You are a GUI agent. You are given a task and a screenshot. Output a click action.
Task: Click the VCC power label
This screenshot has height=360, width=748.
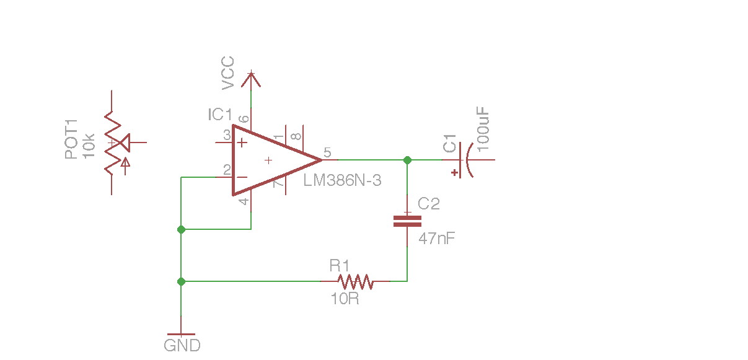click(x=227, y=72)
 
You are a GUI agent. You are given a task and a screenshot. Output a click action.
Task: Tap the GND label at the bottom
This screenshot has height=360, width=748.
click(x=182, y=345)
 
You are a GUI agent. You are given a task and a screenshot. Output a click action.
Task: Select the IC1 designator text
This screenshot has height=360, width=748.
click(x=220, y=115)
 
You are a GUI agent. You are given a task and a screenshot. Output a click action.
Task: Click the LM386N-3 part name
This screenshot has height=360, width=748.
click(x=342, y=181)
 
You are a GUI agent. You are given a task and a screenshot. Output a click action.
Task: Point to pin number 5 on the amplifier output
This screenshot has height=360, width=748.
click(x=327, y=152)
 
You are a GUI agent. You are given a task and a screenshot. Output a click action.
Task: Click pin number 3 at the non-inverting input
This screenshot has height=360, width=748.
click(x=227, y=134)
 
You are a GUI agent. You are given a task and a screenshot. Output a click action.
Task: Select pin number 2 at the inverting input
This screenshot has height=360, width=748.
click(x=227, y=169)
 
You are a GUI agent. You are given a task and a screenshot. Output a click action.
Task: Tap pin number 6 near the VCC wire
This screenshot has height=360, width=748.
click(x=244, y=119)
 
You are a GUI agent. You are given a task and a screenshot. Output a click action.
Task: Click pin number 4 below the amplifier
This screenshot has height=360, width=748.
click(x=244, y=201)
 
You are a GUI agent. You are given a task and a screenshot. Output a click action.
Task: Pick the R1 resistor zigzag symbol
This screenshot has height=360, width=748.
click(x=355, y=281)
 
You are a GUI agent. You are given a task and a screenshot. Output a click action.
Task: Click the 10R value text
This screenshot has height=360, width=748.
click(x=345, y=299)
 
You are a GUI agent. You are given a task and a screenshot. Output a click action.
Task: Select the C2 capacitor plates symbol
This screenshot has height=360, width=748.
click(x=407, y=221)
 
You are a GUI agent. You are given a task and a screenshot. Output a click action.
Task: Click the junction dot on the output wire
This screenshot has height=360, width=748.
click(x=407, y=160)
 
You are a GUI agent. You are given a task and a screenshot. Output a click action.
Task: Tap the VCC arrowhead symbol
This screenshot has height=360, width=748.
click(x=251, y=79)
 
